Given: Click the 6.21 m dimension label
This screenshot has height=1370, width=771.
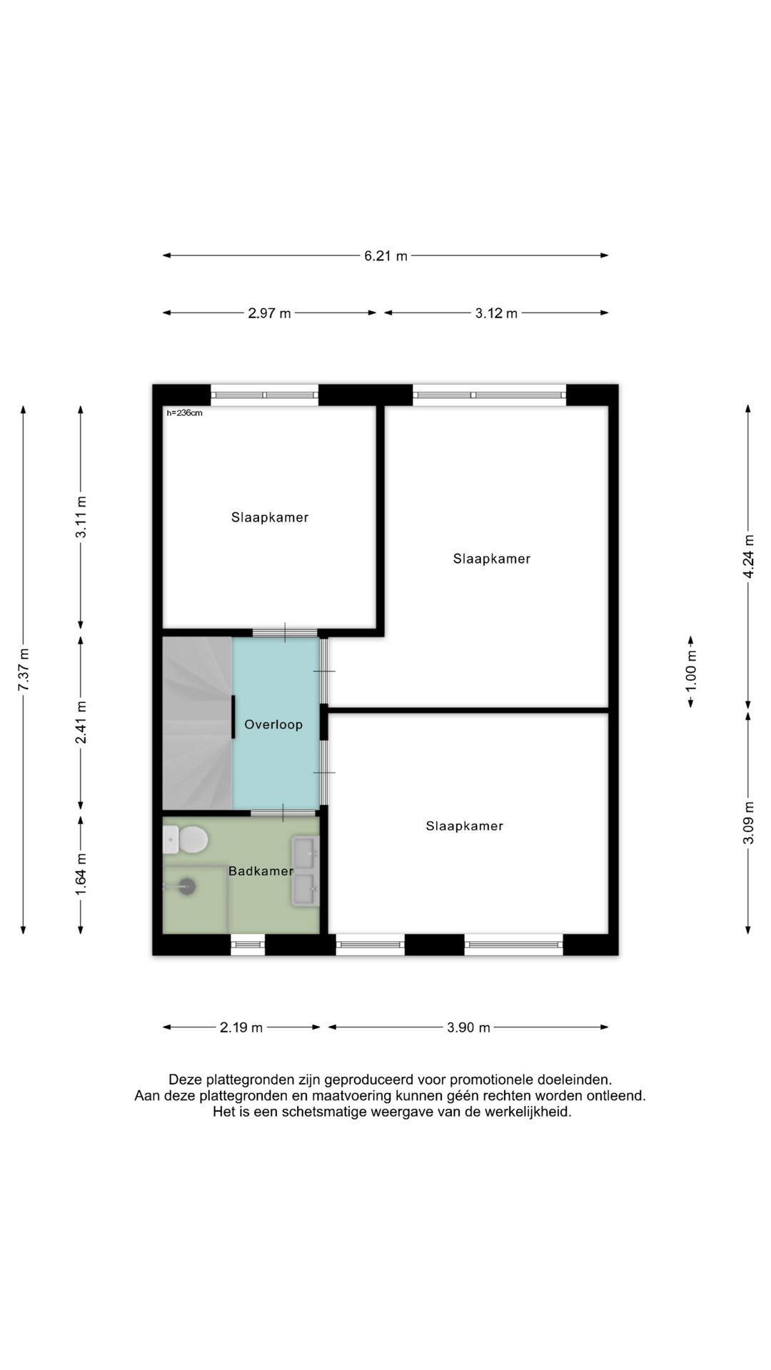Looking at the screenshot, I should point(385,255).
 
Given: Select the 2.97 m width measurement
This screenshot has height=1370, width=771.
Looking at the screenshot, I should point(269,313).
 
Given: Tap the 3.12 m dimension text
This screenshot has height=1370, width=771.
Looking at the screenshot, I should point(496,313).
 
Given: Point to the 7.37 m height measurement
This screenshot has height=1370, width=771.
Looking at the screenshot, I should point(24,669).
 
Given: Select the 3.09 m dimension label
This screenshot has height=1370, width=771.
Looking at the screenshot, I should point(748,823).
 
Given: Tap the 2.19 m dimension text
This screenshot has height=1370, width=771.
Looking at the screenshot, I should point(241,1027).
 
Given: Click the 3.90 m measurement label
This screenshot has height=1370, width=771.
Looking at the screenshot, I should point(468,1027).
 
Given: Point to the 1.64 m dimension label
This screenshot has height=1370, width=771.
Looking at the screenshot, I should point(81,875).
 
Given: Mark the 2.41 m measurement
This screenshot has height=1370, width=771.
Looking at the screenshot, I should point(81,722).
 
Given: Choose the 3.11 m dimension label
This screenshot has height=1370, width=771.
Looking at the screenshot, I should point(81,517).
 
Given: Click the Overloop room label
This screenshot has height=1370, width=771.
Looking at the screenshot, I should point(273,725).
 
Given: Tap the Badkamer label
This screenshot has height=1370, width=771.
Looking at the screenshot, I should point(261,871).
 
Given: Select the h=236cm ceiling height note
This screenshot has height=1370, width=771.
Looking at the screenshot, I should point(184,413).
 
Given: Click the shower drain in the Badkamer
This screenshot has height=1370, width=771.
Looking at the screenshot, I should point(187,886).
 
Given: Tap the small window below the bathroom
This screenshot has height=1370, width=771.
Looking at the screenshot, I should point(248,945).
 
